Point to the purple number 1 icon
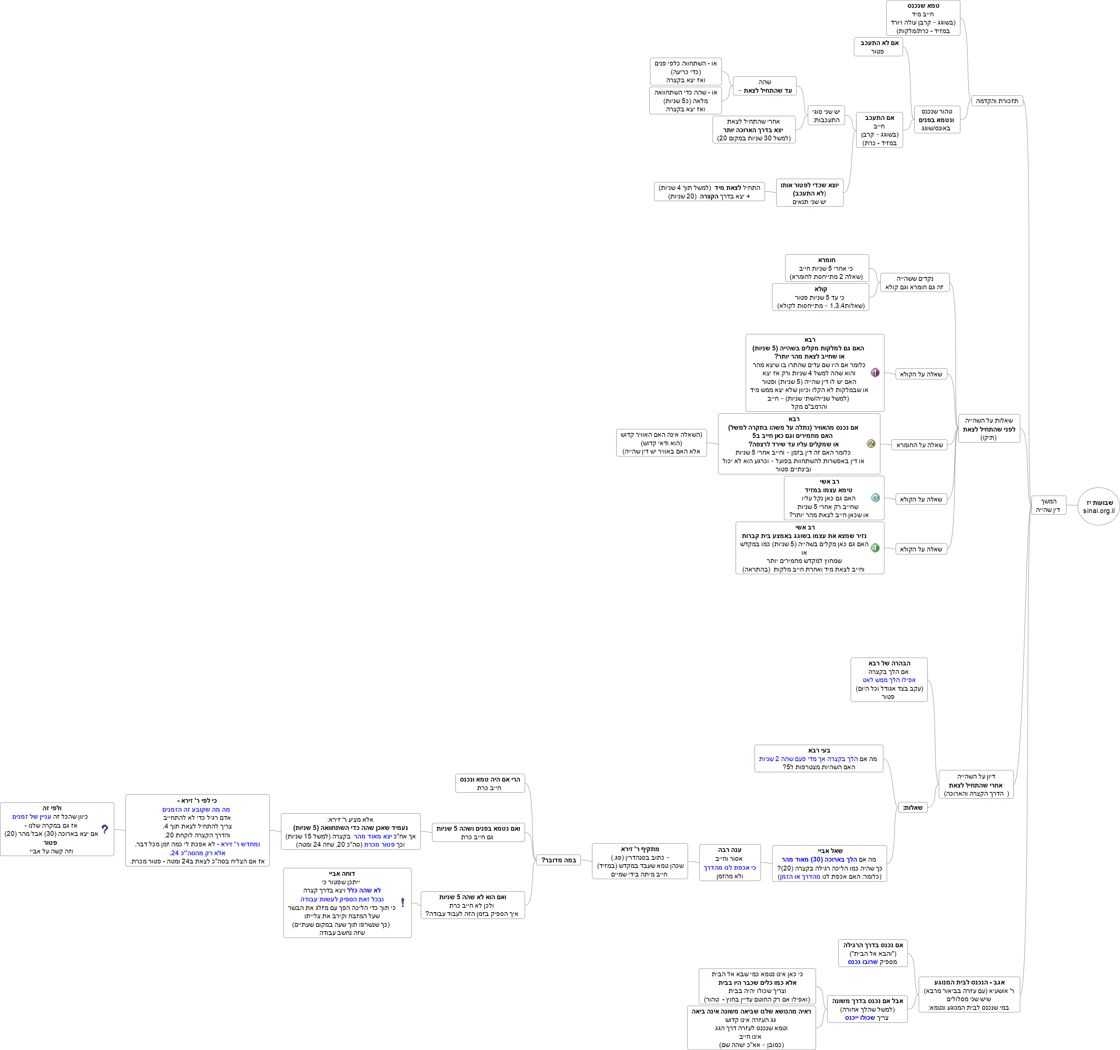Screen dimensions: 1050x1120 (x=875, y=373)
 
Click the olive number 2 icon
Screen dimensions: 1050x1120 (x=871, y=443)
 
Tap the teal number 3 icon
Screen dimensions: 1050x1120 (x=875, y=498)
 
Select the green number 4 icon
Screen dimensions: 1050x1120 (x=875, y=548)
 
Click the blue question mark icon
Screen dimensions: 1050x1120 (x=105, y=829)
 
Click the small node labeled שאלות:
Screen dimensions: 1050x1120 (x=912, y=808)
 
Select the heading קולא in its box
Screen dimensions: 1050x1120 (x=821, y=289)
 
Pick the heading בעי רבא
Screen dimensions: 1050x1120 (x=819, y=751)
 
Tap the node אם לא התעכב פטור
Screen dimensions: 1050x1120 (x=878, y=47)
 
